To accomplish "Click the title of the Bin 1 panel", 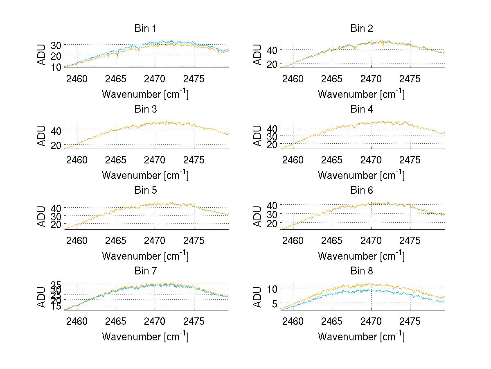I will pos(145,29).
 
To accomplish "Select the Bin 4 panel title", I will pos(362,109).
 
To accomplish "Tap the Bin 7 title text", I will pos(145,271).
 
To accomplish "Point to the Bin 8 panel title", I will pos(362,271).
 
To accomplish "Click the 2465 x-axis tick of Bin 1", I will pos(116,79).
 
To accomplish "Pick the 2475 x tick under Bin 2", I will pos(410,79).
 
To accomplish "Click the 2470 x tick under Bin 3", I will pos(155,160).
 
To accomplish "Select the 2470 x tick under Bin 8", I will pos(371,321).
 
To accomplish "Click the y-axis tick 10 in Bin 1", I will pos(56,67).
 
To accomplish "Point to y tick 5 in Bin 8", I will pos(275,303).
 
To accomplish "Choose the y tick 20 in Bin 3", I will pos(56,145).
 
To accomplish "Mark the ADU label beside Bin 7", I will pos(42,297).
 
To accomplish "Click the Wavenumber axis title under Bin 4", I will pos(361,175).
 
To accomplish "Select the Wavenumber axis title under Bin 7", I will pos(145,337).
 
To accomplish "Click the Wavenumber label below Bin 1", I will pos(145,94).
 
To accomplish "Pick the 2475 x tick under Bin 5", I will pos(194,240).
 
